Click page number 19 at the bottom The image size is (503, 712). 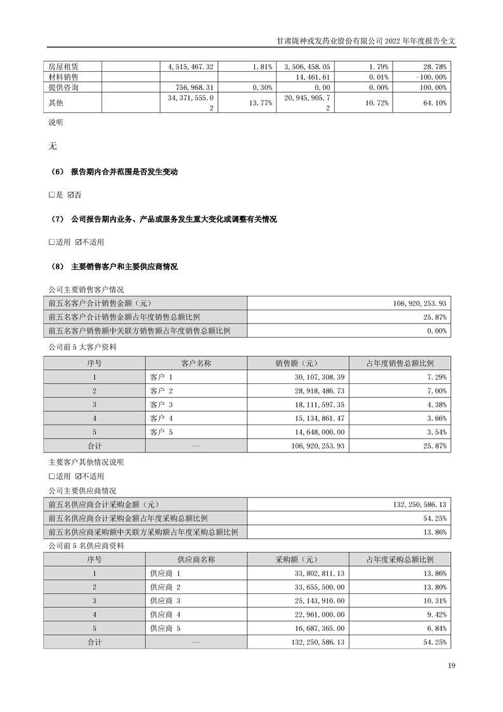(451, 666)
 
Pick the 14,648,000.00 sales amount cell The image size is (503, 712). (315, 432)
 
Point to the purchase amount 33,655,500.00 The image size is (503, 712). (315, 587)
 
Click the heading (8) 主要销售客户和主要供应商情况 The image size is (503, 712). (114, 267)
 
